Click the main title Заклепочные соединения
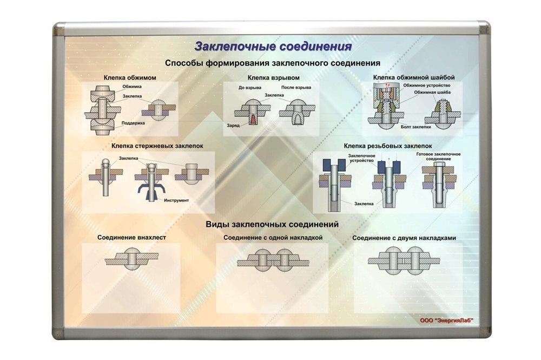(273, 46)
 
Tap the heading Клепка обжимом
(130, 77)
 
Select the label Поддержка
(133, 123)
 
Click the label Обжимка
(132, 86)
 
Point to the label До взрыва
(250, 88)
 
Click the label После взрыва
(296, 87)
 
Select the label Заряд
(233, 125)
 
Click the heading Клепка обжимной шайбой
(414, 77)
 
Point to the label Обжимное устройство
(426, 85)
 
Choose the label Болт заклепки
(415, 127)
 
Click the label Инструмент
(176, 200)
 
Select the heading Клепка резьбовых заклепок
(388, 146)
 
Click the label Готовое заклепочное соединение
(438, 156)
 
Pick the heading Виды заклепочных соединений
(272, 224)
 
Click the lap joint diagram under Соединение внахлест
(132, 259)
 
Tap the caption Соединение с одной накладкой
(273, 238)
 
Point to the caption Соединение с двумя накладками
(404, 238)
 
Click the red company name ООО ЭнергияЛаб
(446, 320)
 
